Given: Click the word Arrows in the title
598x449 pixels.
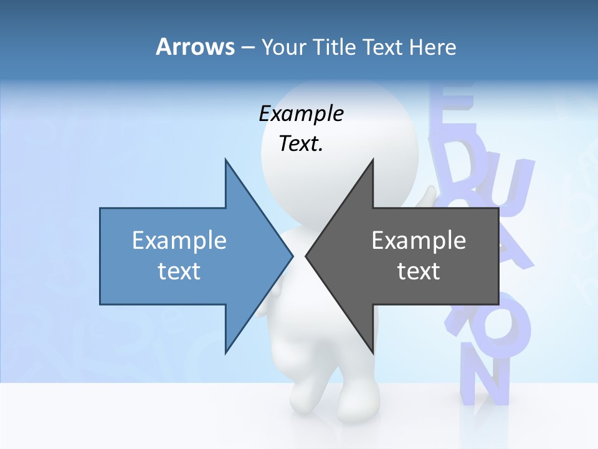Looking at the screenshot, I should tap(195, 47).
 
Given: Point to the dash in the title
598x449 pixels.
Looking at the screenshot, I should tap(247, 47).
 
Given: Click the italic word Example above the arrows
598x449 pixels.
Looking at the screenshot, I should tap(301, 113).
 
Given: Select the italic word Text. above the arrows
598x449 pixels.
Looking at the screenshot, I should tap(301, 143).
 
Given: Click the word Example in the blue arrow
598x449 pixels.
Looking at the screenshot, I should tap(179, 240).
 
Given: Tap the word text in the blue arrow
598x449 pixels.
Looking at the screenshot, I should tap(179, 271).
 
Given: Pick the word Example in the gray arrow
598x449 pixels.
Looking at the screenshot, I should tap(419, 240).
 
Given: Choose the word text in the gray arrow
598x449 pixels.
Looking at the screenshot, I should tap(419, 271).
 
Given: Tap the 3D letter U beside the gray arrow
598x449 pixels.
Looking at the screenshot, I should tap(511, 187).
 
